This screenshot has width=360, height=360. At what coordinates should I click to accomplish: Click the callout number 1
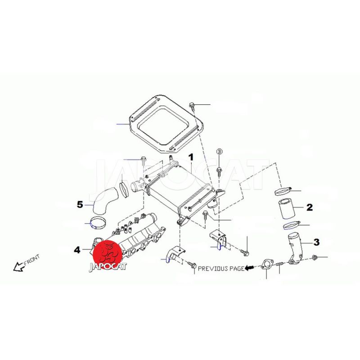pos(191,157)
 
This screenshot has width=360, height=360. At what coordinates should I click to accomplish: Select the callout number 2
pos(310,207)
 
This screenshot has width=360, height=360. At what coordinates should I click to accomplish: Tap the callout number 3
pos(316,242)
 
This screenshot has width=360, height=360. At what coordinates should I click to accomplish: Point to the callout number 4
pos(77,250)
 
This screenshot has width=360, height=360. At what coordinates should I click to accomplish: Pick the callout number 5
pos(80,204)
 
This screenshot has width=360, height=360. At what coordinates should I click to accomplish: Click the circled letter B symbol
pos(220,152)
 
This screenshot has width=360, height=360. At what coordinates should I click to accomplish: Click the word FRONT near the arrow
pos(31,260)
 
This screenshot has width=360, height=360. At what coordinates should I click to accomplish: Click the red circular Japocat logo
pos(108,254)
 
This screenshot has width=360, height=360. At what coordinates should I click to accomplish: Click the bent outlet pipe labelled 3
pos(295,249)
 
